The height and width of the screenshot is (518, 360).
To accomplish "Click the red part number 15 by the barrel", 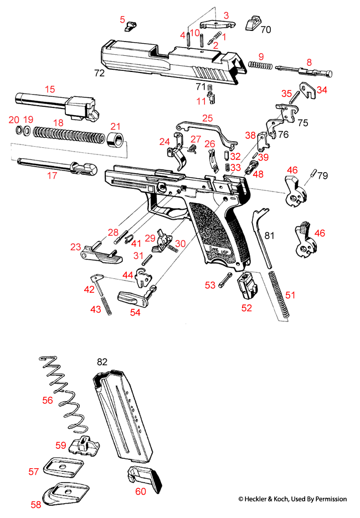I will pyautogui.click(x=50, y=89).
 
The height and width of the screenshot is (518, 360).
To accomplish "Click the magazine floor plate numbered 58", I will pyautogui.click(x=65, y=492).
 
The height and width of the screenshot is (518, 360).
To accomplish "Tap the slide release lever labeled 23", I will pyautogui.click(x=100, y=252).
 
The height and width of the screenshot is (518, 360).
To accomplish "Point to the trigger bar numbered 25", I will pyautogui.click(x=205, y=129).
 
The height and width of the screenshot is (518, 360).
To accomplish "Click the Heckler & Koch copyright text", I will pyautogui.click(x=292, y=499).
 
